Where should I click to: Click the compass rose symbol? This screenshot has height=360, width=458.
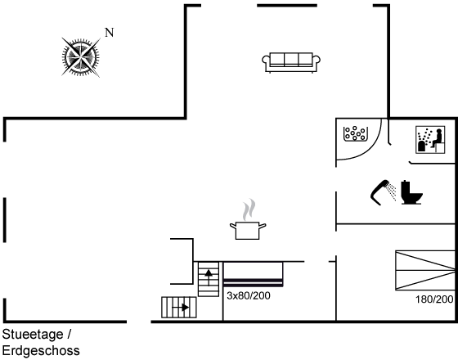click(81, 57)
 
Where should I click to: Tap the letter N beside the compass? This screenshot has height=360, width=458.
click(110, 33)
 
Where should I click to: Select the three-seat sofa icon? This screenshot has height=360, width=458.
click(291, 62)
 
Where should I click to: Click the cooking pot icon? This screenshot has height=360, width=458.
click(248, 231)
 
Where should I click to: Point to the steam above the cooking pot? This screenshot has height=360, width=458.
click(249, 209)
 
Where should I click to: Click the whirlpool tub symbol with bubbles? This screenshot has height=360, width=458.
click(356, 134)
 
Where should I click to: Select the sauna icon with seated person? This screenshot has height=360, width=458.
click(430, 140)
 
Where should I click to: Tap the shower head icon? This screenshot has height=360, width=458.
click(383, 192)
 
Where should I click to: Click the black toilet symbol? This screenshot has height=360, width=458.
click(411, 192)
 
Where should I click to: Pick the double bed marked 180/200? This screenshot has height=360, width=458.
click(425, 270)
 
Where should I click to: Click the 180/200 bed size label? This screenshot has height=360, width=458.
click(434, 299)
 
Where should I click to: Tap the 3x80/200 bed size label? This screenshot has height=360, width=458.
click(249, 295)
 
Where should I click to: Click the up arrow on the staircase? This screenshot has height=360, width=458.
click(209, 277)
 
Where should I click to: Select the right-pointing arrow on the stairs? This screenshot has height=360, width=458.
click(180, 308)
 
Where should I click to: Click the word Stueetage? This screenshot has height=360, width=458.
click(33, 335)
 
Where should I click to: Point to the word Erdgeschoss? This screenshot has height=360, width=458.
click(41, 351)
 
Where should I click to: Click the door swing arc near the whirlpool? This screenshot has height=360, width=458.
click(369, 148)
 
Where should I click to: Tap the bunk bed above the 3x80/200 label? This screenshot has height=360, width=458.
click(253, 274)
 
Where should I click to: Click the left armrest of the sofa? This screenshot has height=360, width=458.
click(266, 64)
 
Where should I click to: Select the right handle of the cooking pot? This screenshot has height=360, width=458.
click(263, 226)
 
